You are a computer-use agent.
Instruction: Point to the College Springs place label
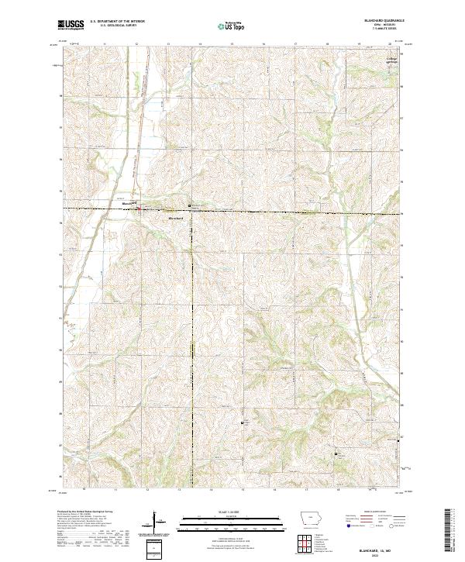393,60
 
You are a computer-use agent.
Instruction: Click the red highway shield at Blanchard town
139,207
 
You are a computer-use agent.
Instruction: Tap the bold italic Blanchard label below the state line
175,219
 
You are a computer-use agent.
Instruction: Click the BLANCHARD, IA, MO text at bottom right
380,547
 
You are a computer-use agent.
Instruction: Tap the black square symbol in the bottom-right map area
336,453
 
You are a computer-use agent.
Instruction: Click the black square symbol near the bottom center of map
243,422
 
